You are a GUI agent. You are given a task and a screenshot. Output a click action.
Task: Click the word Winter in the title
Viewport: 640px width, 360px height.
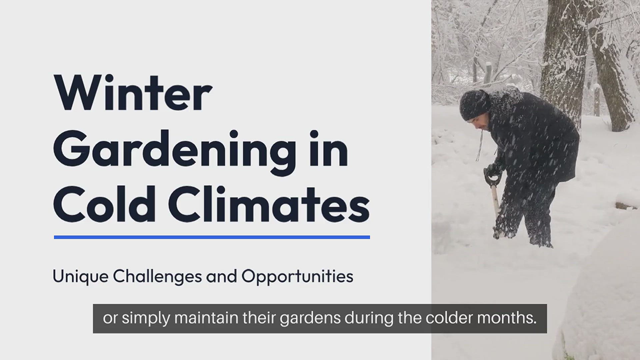pos(132,92)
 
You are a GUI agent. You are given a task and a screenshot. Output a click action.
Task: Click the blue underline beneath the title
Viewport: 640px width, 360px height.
pos(212,237)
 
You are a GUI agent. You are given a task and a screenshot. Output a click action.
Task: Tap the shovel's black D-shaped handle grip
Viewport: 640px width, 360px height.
pos(492,176)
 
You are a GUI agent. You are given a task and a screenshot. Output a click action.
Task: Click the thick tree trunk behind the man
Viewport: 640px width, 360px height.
pos(560,50)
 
